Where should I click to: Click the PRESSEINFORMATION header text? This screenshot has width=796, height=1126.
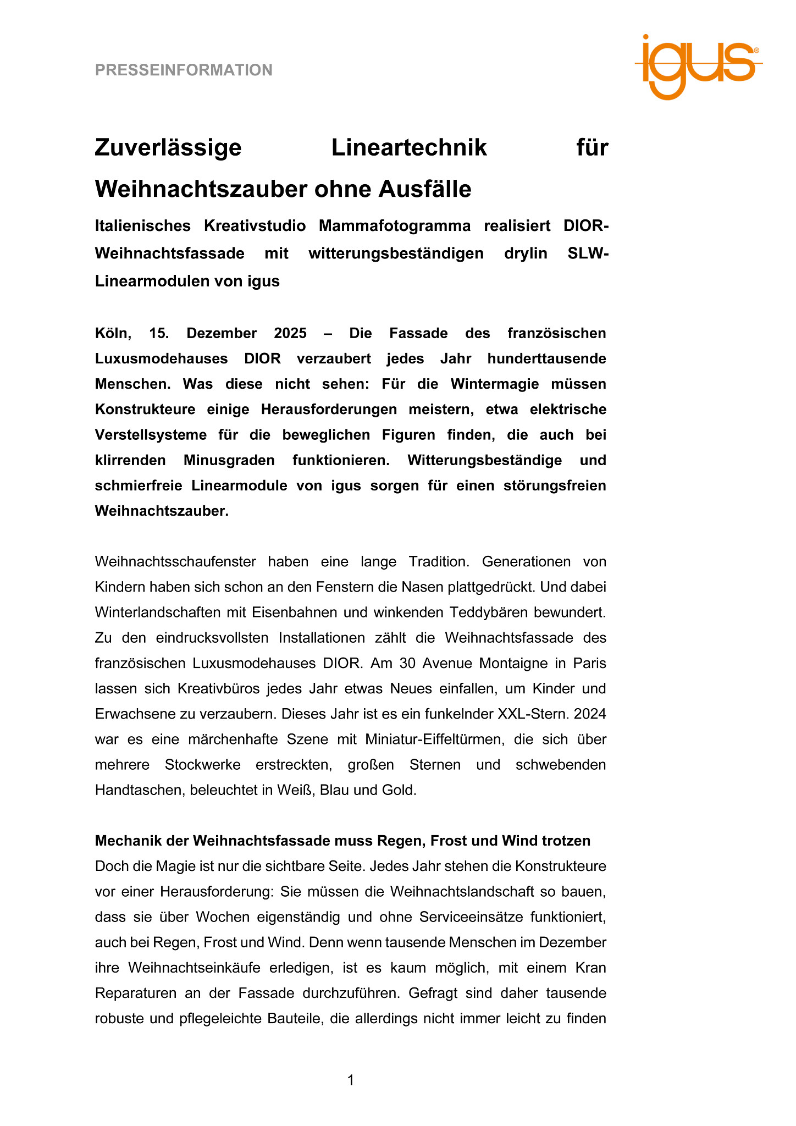coord(184,70)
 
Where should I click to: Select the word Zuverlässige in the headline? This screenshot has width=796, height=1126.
coord(168,147)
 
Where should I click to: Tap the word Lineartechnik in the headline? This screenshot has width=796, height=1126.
coord(409,147)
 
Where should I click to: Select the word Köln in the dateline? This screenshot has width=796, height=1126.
coord(114,333)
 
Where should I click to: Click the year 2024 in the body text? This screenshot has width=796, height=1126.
coord(590,714)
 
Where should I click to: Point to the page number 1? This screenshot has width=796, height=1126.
coord(351,1080)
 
